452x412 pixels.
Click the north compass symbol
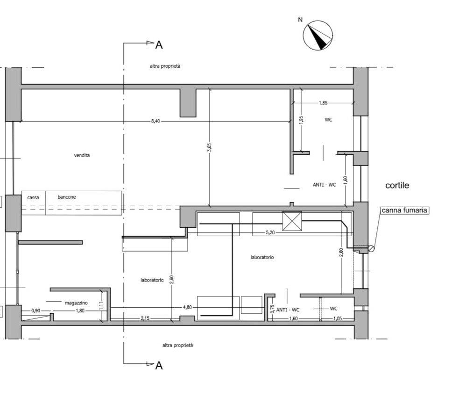pyautogui.click(x=318, y=35)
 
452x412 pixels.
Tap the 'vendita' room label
pyautogui.click(x=82, y=155)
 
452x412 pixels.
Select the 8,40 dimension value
pyautogui.click(x=155, y=121)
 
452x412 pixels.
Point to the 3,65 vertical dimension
pyautogui.click(x=210, y=147)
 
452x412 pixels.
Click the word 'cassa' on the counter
pyautogui.click(x=33, y=197)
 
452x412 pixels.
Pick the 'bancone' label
pyautogui.click(x=67, y=197)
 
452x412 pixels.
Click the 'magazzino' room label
pyautogui.click(x=76, y=303)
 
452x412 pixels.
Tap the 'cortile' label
pyautogui.click(x=397, y=185)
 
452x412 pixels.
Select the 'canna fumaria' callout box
pyautogui.click(x=404, y=210)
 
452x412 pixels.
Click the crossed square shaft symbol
pyautogui.click(x=292, y=222)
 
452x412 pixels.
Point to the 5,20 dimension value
pyautogui.click(x=270, y=232)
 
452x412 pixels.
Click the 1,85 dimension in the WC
pyautogui.click(x=323, y=103)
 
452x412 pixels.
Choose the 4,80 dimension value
pyautogui.click(x=187, y=307)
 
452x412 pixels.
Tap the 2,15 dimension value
pyautogui.click(x=145, y=318)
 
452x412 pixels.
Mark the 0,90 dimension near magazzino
pyautogui.click(x=36, y=311)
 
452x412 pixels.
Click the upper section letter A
pyautogui.click(x=159, y=45)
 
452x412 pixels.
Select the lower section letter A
pyautogui.click(x=159, y=366)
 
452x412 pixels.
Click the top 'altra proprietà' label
pyautogui.click(x=165, y=66)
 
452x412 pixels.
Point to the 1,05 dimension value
pyautogui.click(x=338, y=318)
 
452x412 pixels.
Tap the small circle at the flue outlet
pyautogui.click(x=371, y=248)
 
